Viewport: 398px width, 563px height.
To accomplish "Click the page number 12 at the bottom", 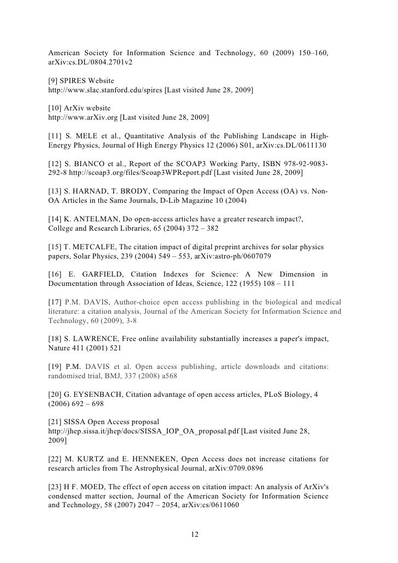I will pos(198,534).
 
